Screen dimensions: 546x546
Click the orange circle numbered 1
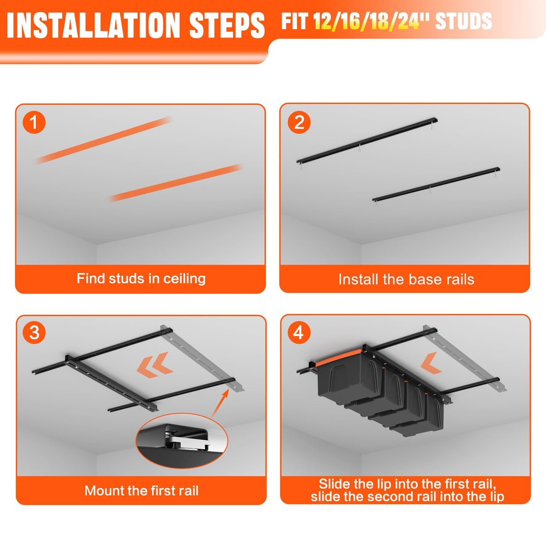pos(34,122)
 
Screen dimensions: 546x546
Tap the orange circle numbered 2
pos(299,122)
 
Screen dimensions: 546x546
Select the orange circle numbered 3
pos(34,332)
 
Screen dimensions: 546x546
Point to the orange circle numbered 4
pos(299,332)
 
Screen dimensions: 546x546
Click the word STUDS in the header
pos(464,21)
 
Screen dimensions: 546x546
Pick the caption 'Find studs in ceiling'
pos(141,278)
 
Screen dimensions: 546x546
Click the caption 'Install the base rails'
pos(406,279)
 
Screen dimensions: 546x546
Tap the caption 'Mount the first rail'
pos(141,491)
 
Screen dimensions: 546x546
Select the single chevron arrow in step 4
pos(431,363)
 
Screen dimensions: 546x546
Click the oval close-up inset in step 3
pos(182,441)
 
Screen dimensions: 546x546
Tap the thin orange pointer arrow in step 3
pos(220,403)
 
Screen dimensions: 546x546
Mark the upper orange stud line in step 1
pos(104,140)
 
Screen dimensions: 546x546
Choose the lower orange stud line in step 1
pos(176,183)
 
